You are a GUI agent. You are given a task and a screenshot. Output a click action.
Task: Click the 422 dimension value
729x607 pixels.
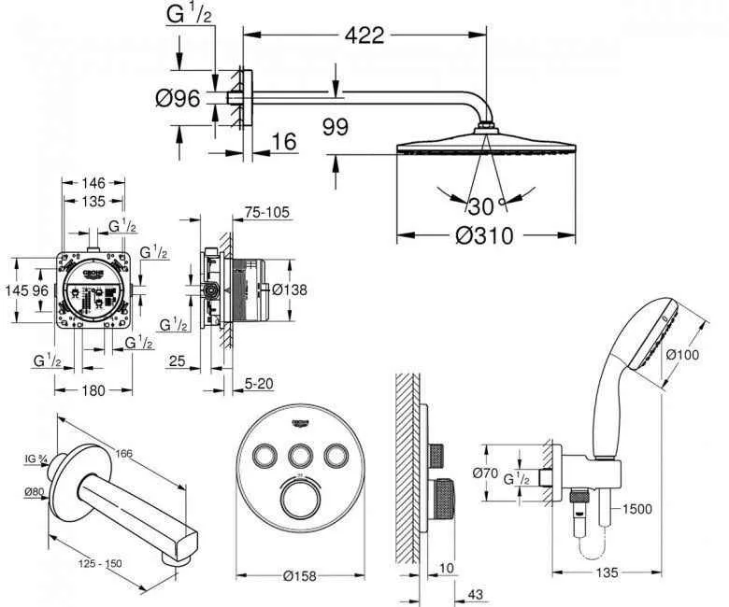364,35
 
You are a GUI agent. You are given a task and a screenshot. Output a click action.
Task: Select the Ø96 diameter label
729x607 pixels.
181,97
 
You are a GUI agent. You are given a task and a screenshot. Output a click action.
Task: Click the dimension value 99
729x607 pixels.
341,126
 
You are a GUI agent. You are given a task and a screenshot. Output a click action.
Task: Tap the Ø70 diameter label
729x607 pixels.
487,473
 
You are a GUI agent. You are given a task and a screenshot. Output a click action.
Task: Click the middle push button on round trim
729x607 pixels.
300,457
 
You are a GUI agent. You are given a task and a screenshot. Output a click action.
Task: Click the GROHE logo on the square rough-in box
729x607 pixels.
98,271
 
